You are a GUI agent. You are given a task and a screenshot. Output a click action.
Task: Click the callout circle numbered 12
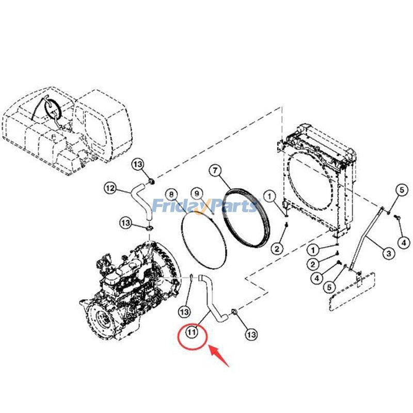(110, 188)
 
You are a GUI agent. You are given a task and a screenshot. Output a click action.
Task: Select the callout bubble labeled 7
(215, 171)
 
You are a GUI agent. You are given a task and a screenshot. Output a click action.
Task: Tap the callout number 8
(171, 195)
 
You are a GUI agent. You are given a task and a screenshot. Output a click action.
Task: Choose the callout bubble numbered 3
(389, 253)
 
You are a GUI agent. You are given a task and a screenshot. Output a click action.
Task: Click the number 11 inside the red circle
(192, 332)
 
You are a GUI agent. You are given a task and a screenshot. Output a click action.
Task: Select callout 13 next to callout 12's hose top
(138, 165)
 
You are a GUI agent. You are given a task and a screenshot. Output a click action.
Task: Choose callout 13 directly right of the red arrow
(251, 335)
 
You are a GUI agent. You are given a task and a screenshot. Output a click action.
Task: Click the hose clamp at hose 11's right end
(234, 312)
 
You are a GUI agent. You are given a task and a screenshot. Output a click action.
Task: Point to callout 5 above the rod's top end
(402, 190)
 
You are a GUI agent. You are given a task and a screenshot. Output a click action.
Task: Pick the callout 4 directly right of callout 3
(404, 242)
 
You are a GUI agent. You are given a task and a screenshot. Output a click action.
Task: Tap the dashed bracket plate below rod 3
(351, 292)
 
